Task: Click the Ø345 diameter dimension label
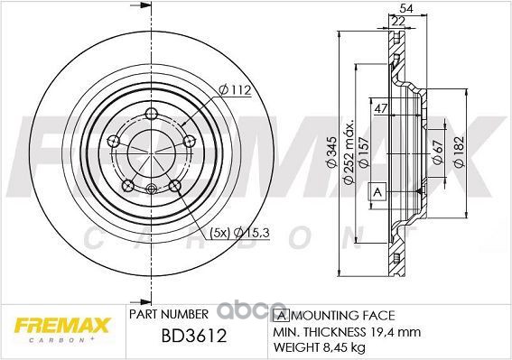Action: pos(331,152)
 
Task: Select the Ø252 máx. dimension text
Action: pos(349,153)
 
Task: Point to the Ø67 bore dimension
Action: pos(437,152)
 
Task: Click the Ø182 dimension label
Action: pos(459,152)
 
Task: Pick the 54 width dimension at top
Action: pos(406,9)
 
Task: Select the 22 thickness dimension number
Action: pos(398,21)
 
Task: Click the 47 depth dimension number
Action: pos(380,108)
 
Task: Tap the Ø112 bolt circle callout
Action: pos(235,89)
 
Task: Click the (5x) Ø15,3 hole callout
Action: pos(239,233)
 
